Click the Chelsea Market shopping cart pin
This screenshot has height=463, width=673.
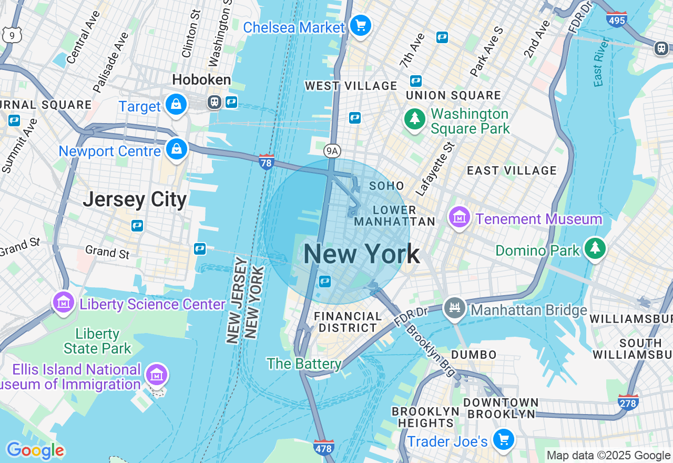point(361,25)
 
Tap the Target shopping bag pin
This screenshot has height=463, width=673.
point(176,105)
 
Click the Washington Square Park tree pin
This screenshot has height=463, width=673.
point(415,119)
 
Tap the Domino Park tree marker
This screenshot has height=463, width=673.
point(595,248)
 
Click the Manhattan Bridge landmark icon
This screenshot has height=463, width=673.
point(455,308)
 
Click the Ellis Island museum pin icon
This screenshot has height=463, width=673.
point(157,375)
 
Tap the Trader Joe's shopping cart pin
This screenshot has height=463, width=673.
point(504,439)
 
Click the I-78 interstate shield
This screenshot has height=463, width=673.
point(267,162)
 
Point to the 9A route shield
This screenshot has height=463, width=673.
point(331,151)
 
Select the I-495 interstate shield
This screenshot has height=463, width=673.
point(616,19)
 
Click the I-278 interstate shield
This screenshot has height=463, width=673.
point(628,402)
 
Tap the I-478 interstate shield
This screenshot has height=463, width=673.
point(323,448)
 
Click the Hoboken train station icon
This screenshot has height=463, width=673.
point(214,102)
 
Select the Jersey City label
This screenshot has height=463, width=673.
point(135,200)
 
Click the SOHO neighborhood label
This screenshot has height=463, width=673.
point(386,186)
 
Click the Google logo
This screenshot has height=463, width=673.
point(35,450)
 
